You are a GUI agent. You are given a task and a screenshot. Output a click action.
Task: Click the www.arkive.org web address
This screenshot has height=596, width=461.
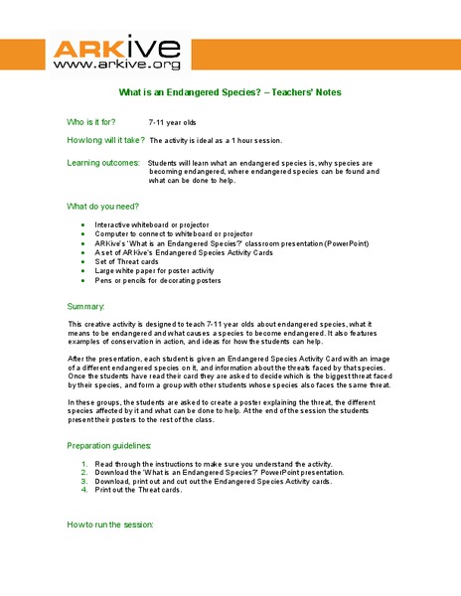[116, 65]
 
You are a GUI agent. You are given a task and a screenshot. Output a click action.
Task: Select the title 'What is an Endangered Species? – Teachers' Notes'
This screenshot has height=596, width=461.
[230, 92]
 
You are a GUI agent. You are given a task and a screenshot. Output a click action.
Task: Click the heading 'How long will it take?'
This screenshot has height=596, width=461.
[105, 141]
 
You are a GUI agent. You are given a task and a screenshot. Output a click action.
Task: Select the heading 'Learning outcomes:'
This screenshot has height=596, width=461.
[103, 161]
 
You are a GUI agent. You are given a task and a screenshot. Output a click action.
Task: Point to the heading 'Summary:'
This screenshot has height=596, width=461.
[85, 306]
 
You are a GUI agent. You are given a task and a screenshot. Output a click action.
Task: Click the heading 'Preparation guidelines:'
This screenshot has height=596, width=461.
[109, 446]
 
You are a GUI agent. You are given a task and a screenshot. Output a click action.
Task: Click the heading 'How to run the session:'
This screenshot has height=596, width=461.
[109, 523]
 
